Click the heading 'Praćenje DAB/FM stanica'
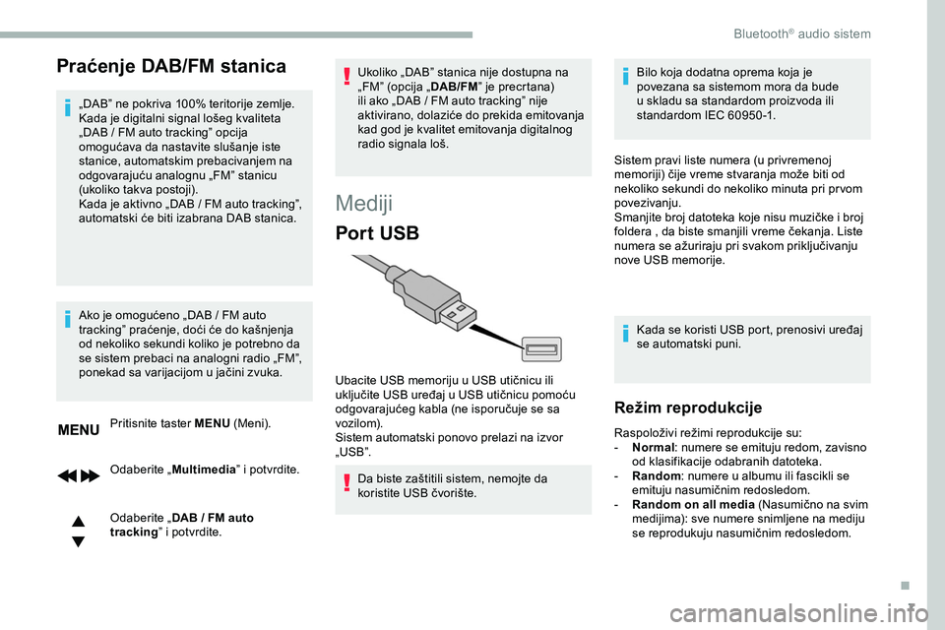tap(171, 66)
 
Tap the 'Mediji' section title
tap(365, 203)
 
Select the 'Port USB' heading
tap(377, 234)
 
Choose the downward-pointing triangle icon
tap(78, 540)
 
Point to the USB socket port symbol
tap(542, 347)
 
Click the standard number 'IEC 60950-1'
tap(739, 114)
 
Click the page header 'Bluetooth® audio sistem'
tap(801, 33)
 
